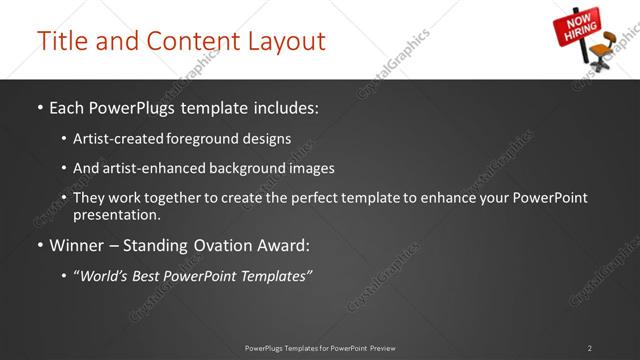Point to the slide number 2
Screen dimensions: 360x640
589,348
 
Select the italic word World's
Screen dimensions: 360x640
105,276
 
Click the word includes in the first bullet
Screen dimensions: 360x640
289,105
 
